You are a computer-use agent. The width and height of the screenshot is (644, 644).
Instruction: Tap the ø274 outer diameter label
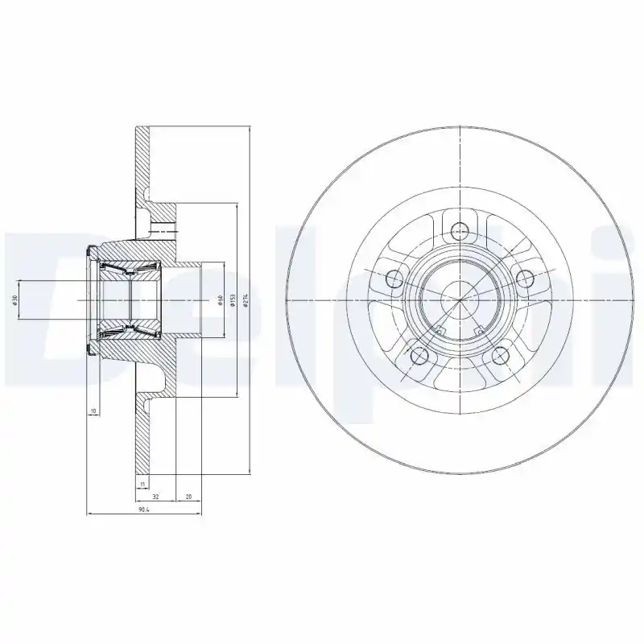pos(245,299)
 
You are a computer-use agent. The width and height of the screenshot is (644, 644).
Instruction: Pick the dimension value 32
pos(155,497)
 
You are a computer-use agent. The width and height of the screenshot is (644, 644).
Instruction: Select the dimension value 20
pos(188,497)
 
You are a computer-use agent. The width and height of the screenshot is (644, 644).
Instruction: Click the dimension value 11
pos(142,484)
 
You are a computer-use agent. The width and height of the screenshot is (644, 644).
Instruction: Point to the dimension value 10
pos(93,411)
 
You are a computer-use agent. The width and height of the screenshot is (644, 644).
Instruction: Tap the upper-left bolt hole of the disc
pos(394,279)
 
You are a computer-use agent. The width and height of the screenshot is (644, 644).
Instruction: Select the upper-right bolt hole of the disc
pos(525,279)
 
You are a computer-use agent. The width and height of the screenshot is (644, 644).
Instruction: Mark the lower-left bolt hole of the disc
pos(418,355)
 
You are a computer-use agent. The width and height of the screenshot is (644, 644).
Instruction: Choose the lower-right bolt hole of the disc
pos(500,355)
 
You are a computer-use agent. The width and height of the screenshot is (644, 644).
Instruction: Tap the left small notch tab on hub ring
pos(440,330)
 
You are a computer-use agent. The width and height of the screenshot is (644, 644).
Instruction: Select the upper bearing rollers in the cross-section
pos(129,269)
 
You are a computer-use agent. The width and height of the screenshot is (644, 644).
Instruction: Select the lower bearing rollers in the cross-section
pos(129,330)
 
